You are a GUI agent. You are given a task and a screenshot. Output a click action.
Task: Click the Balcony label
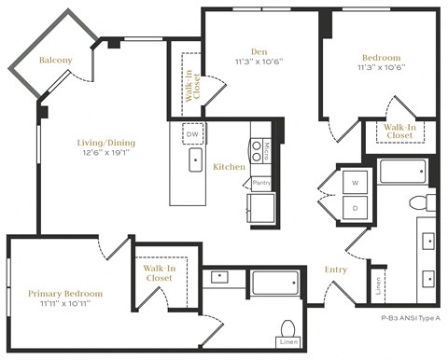(55, 61)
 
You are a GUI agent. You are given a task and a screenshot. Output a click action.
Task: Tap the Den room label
(259, 52)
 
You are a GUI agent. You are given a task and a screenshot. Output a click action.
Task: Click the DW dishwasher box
(193, 133)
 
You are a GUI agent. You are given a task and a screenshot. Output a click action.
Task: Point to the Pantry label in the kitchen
(261, 183)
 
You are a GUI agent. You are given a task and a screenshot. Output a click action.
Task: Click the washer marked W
(355, 182)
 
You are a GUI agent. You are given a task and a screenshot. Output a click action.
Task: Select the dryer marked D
(355, 207)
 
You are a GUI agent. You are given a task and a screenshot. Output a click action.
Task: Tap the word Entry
(335, 270)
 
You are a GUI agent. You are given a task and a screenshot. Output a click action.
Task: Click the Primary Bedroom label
(64, 293)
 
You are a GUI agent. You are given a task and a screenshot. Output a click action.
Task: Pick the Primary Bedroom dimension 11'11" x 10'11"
(64, 305)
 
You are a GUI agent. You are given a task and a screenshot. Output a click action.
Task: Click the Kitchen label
(229, 167)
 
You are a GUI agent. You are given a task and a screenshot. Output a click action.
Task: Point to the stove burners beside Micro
(255, 151)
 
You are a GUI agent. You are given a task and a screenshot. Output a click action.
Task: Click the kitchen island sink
(196, 161)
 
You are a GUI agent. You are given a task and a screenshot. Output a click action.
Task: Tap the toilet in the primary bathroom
(288, 328)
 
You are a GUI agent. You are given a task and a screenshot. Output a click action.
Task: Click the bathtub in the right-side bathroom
(402, 172)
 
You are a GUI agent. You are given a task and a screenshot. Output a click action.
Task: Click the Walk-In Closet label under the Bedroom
(399, 131)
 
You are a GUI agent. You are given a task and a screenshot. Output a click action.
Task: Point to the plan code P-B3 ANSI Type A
(409, 318)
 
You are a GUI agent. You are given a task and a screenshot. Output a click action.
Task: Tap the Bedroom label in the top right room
(380, 57)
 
